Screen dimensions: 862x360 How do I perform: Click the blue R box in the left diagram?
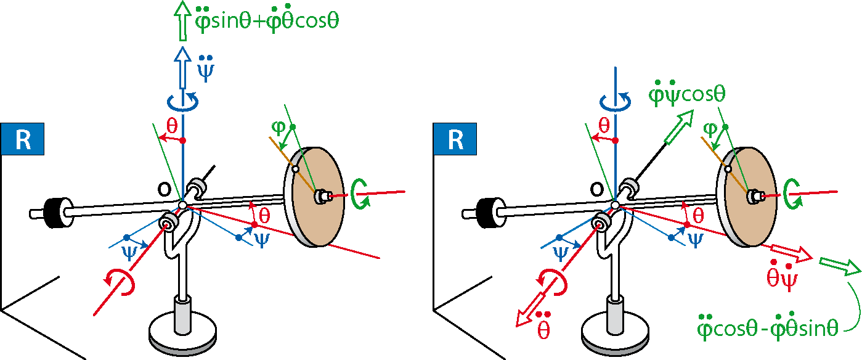pyautogui.click(x=22, y=139)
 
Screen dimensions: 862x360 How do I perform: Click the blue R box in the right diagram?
pyautogui.click(x=455, y=139)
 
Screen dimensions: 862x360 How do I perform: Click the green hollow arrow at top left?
pyautogui.click(x=182, y=20)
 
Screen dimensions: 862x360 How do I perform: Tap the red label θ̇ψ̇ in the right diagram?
pyautogui.click(x=781, y=277)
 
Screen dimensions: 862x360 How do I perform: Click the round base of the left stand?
pyautogui.click(x=182, y=334)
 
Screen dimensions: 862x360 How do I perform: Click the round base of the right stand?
pyautogui.click(x=615, y=334)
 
